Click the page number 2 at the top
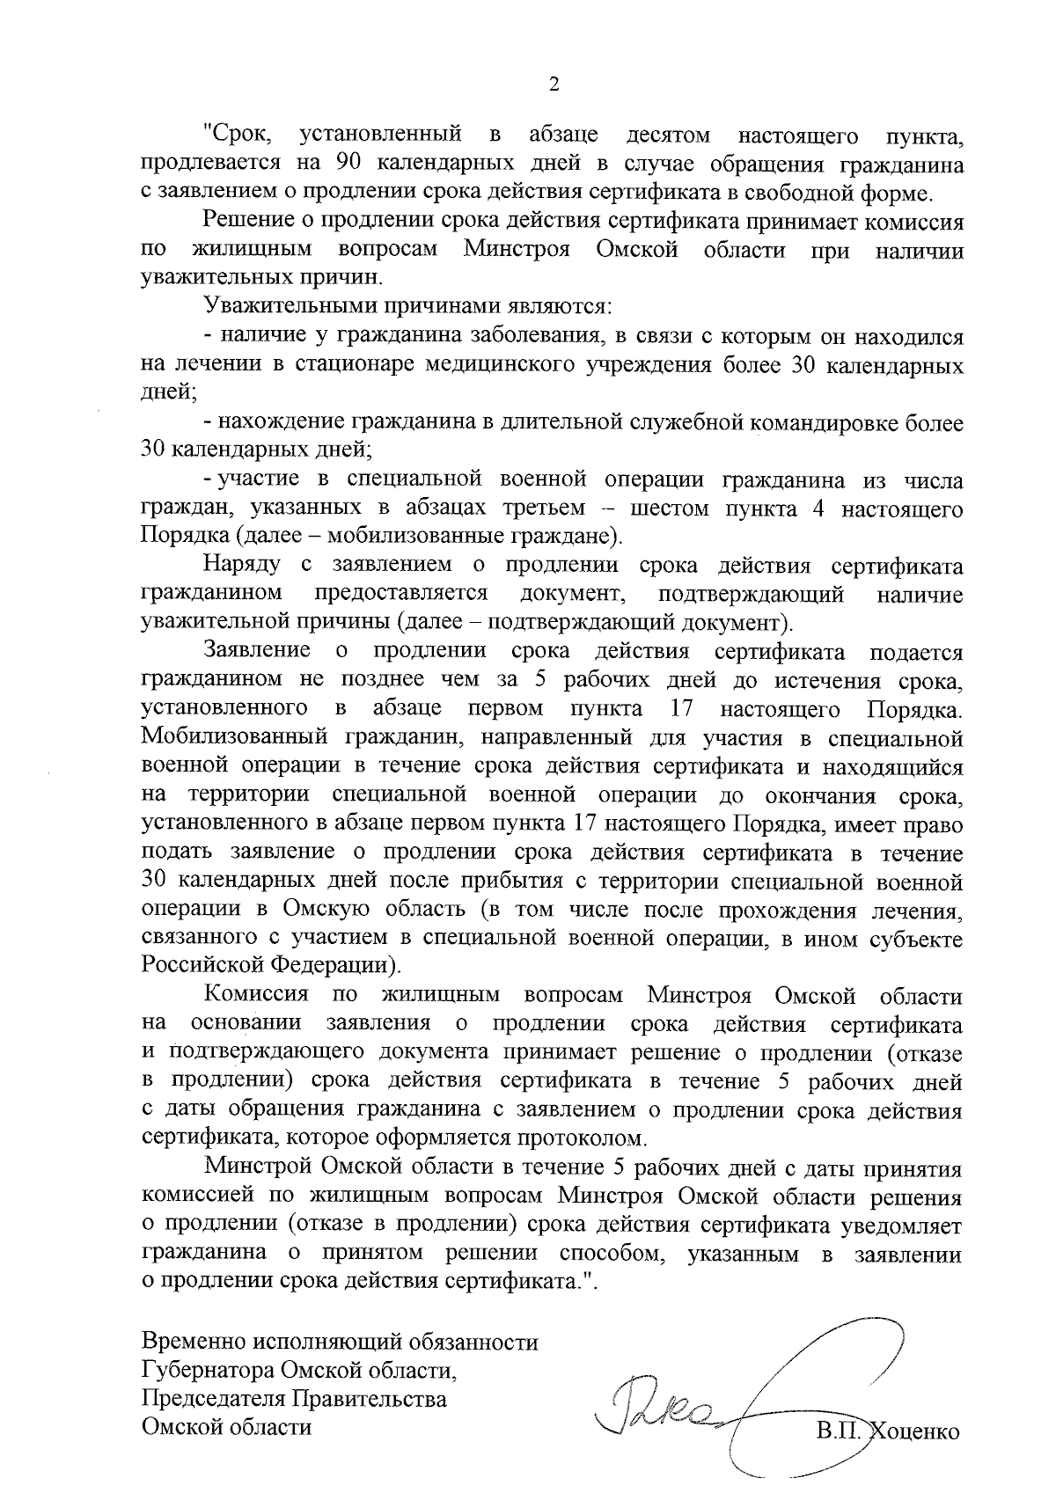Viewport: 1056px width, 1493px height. click(x=554, y=84)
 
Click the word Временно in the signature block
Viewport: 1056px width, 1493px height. click(x=194, y=1343)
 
